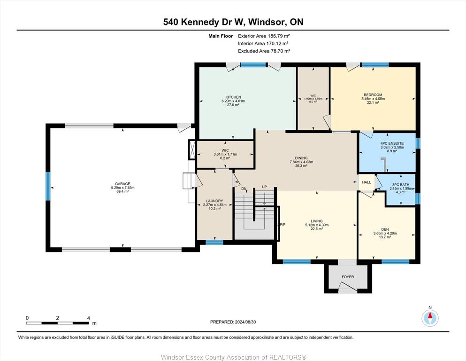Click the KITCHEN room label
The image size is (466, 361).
233,97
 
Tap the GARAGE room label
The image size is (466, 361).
123,184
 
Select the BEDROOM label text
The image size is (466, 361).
373,95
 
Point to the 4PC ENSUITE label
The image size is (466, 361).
392,143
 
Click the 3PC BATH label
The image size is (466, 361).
401,185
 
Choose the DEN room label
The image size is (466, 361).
385,229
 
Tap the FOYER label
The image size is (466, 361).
348,277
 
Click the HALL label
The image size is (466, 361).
367,182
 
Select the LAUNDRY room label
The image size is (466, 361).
214,201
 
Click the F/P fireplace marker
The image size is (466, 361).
283,224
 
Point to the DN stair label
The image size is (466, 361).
244,189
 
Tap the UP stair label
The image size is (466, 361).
264,187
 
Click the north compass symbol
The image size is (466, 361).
430,318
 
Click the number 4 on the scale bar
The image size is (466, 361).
89,318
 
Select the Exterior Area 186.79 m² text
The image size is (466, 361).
264,36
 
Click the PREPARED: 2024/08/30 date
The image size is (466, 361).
233,322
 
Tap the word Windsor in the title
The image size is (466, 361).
267,22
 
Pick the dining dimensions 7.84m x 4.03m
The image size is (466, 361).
301,162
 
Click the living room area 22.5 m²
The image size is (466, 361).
316,228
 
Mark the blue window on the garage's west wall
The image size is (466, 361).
48,186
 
